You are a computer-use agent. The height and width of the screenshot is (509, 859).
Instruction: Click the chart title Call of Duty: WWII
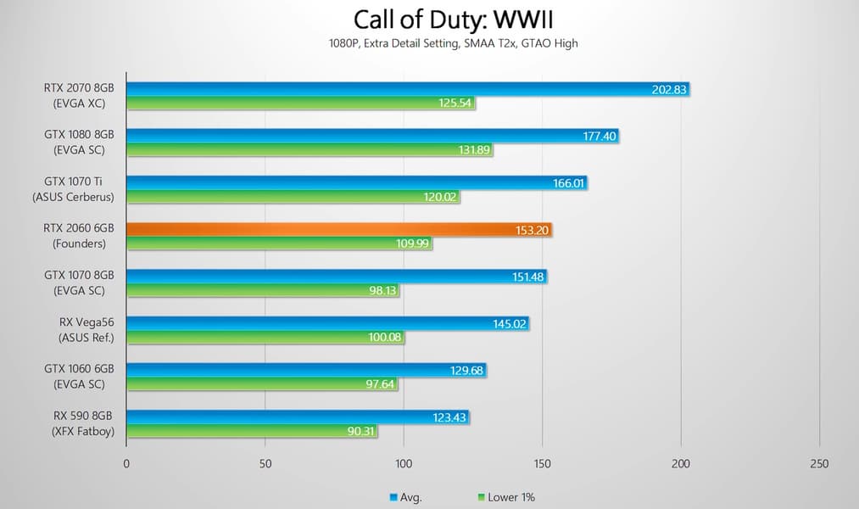click(x=429, y=19)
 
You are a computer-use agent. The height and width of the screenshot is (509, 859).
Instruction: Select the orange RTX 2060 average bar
click(x=339, y=229)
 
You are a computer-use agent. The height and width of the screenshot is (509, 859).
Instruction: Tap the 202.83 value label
click(x=670, y=89)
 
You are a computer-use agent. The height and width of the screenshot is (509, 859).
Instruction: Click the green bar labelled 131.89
click(x=309, y=150)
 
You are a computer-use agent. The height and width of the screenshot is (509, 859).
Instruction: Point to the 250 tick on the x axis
click(x=818, y=464)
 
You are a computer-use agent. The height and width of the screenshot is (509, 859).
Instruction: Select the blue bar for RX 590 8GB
click(x=297, y=417)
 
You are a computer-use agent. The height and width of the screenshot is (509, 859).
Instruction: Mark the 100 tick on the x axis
click(x=404, y=464)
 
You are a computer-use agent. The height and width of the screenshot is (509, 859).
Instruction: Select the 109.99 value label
click(x=412, y=243)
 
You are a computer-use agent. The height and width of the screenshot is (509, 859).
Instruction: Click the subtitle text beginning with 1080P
click(x=429, y=43)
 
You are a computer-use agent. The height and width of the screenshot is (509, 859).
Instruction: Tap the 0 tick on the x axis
click(x=126, y=464)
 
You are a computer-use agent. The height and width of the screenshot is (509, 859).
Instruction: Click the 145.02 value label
click(x=510, y=323)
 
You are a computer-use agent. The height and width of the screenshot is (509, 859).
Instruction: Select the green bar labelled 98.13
click(x=262, y=290)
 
